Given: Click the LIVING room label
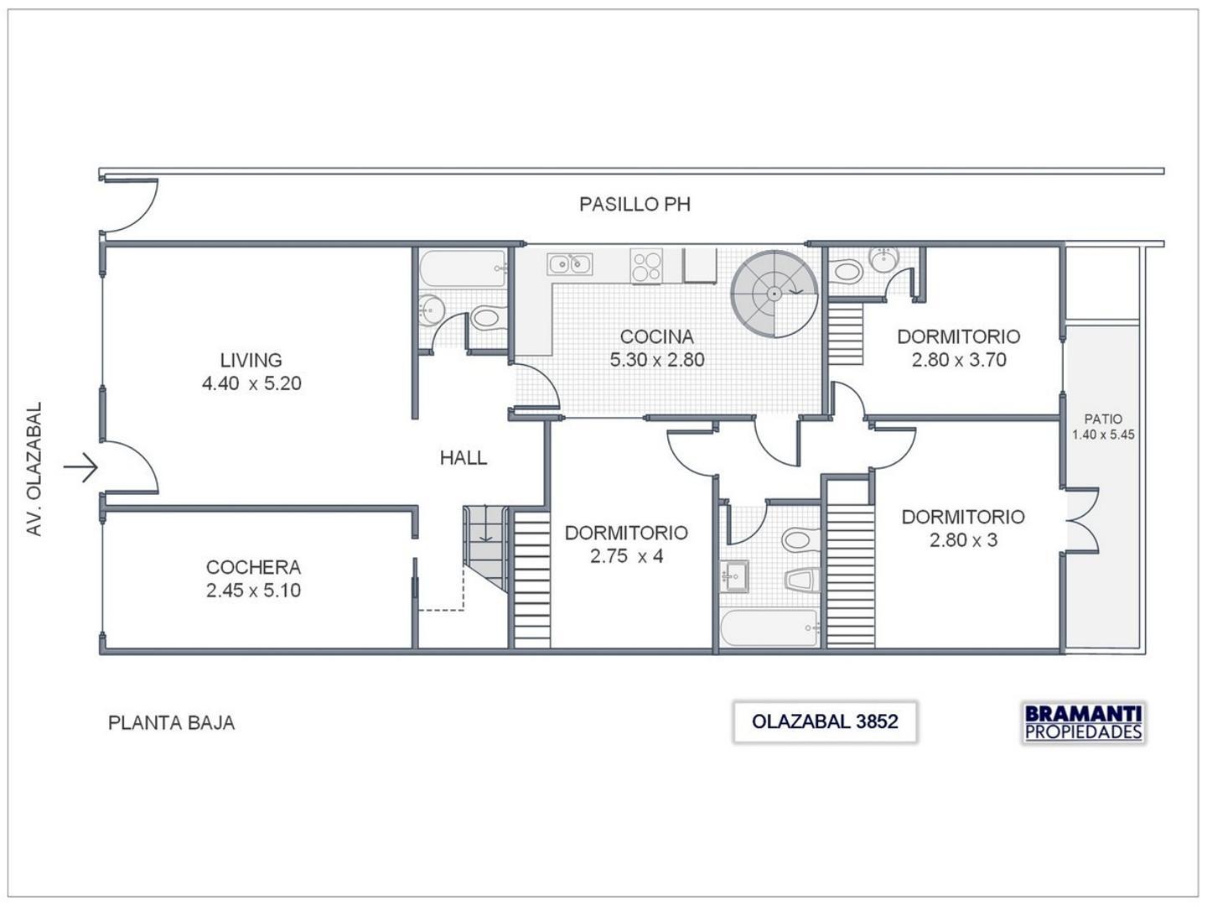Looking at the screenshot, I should [251, 360].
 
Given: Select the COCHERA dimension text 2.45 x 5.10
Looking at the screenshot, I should [253, 591].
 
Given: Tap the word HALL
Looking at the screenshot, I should [463, 458].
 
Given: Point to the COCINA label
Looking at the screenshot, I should [656, 336].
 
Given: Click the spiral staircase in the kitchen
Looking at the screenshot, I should [774, 294].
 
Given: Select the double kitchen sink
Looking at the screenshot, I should [570, 264].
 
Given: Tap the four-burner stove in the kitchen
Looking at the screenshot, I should [646, 266].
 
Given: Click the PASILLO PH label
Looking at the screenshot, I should [635, 205].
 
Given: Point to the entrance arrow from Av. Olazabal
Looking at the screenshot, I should [82, 466].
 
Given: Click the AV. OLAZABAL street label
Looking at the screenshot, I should [34, 469].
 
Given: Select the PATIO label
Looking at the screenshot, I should [1103, 419].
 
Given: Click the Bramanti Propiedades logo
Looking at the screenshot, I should [1083, 722].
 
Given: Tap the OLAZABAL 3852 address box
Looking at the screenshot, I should [825, 722].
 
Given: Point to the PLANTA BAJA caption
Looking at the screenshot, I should [171, 723].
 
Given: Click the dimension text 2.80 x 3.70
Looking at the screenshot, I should [959, 360].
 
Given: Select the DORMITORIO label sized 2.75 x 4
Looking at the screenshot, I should [626, 533].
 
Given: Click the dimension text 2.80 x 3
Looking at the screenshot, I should [963, 540].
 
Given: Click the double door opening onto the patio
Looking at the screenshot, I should [1081, 522].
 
